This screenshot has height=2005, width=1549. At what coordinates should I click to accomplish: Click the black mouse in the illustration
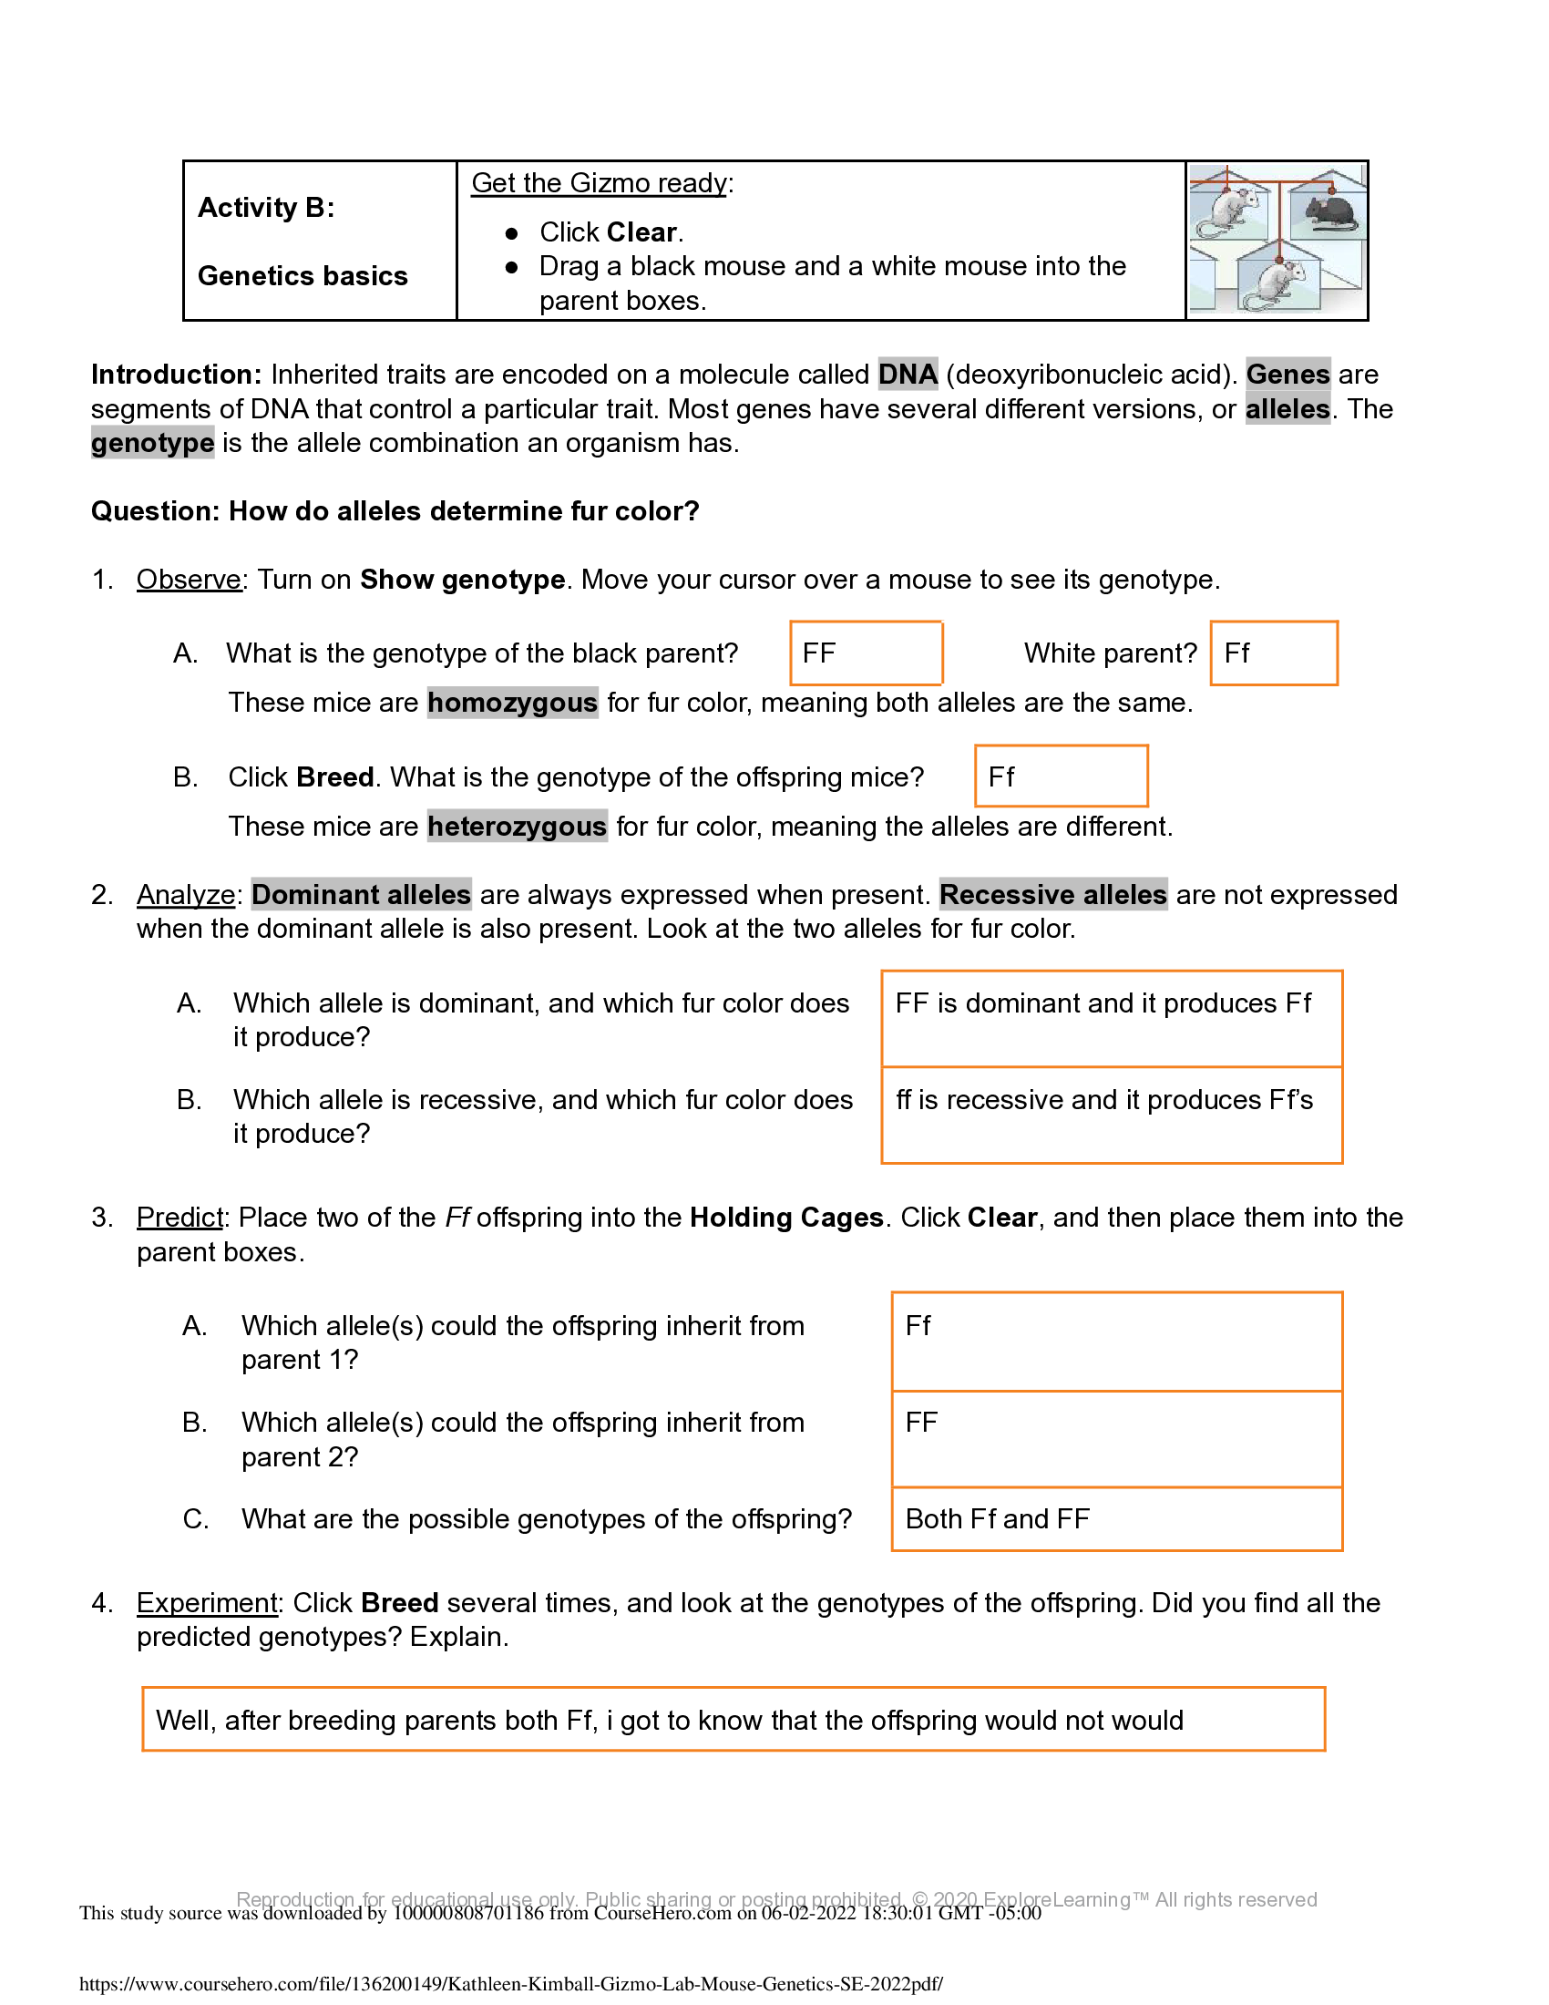[1328, 213]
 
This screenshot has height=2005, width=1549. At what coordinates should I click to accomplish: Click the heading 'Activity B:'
[266, 208]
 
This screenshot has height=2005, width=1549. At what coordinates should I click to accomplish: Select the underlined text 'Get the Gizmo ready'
[600, 182]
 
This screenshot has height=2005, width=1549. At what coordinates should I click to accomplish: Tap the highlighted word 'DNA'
[907, 375]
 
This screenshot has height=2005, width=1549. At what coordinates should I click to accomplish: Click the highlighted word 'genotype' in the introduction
[152, 443]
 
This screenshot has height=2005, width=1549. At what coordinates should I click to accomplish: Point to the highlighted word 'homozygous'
[512, 703]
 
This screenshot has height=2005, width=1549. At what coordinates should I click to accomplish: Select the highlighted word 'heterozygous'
[517, 827]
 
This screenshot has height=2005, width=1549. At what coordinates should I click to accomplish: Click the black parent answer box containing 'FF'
[866, 653]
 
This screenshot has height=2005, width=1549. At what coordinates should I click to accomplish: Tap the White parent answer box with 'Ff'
[1273, 653]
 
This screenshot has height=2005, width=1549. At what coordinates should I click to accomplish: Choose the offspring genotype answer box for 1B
[1060, 776]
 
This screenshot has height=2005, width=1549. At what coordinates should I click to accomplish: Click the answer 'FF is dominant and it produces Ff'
[1103, 1003]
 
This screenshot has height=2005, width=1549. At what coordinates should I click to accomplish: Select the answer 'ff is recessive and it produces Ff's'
[1104, 1100]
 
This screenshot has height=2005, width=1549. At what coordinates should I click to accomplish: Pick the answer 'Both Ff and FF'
[997, 1519]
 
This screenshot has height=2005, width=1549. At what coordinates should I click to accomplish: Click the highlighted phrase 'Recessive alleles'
[1052, 894]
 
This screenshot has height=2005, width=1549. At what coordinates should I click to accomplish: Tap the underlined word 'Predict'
[180, 1218]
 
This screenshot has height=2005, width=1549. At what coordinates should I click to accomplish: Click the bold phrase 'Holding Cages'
[786, 1218]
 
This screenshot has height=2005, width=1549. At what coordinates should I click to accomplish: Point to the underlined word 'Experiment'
[207, 1603]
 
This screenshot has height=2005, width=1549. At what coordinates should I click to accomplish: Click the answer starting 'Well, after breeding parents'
[669, 1721]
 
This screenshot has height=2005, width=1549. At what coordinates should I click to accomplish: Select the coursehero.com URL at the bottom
[510, 1984]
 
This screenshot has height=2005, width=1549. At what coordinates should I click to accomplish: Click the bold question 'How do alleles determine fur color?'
[464, 511]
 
